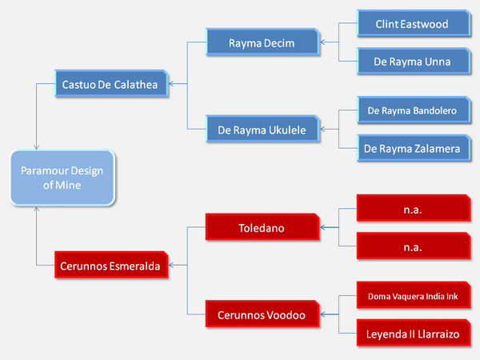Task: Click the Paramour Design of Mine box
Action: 62,178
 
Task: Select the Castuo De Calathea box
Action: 111,83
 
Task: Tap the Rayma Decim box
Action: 262,42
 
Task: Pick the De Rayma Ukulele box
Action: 262,129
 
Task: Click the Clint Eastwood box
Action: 414,23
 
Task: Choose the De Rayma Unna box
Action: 414,61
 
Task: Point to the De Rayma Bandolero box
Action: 414,110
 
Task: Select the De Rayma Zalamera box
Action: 414,148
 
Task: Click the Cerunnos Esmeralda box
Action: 111,265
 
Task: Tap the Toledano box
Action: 262,227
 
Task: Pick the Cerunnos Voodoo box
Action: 262,314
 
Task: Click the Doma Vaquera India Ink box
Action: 414,295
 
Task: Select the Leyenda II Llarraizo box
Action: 414,333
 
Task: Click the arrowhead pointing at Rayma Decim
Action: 322,42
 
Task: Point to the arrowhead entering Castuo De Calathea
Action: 171,83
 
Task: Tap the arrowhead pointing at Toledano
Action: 322,227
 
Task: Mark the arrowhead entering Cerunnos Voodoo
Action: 322,314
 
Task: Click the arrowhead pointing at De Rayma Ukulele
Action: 322,129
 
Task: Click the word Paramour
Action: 42,171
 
